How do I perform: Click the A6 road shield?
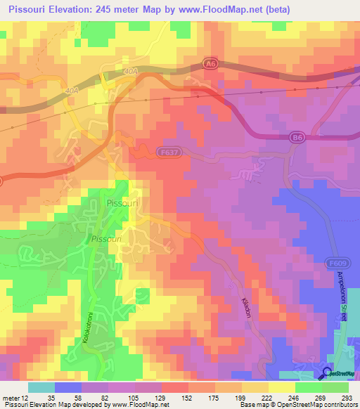tap(210, 64)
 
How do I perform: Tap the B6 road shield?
tap(297, 139)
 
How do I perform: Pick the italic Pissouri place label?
tap(107, 240)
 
